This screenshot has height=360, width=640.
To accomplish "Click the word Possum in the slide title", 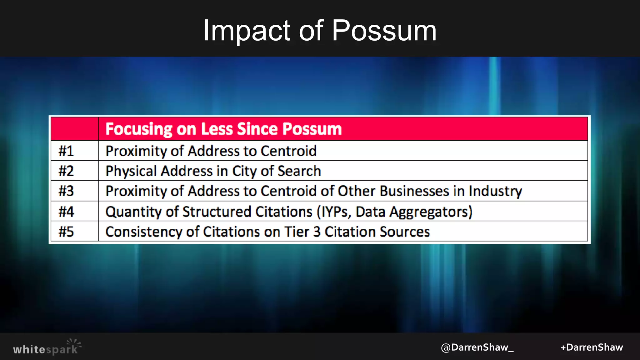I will click(x=384, y=31).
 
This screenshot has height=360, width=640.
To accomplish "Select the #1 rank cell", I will click(x=66, y=151).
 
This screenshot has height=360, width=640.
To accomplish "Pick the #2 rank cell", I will click(x=66, y=171).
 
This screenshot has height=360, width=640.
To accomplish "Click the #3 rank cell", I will click(x=66, y=191).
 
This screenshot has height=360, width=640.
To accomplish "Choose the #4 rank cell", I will click(x=66, y=212).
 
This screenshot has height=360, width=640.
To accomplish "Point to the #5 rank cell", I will click(x=66, y=232).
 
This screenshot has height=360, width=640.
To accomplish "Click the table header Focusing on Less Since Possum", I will click(x=223, y=129).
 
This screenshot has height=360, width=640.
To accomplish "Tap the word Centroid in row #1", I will click(x=288, y=151).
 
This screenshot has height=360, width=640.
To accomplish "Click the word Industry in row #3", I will click(x=495, y=191).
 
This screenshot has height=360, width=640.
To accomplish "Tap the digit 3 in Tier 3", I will click(x=317, y=232).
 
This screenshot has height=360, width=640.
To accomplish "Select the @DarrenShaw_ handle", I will click(x=477, y=347).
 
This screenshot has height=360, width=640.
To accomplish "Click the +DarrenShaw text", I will click(x=592, y=347).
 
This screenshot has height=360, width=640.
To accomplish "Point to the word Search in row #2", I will click(x=299, y=171).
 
